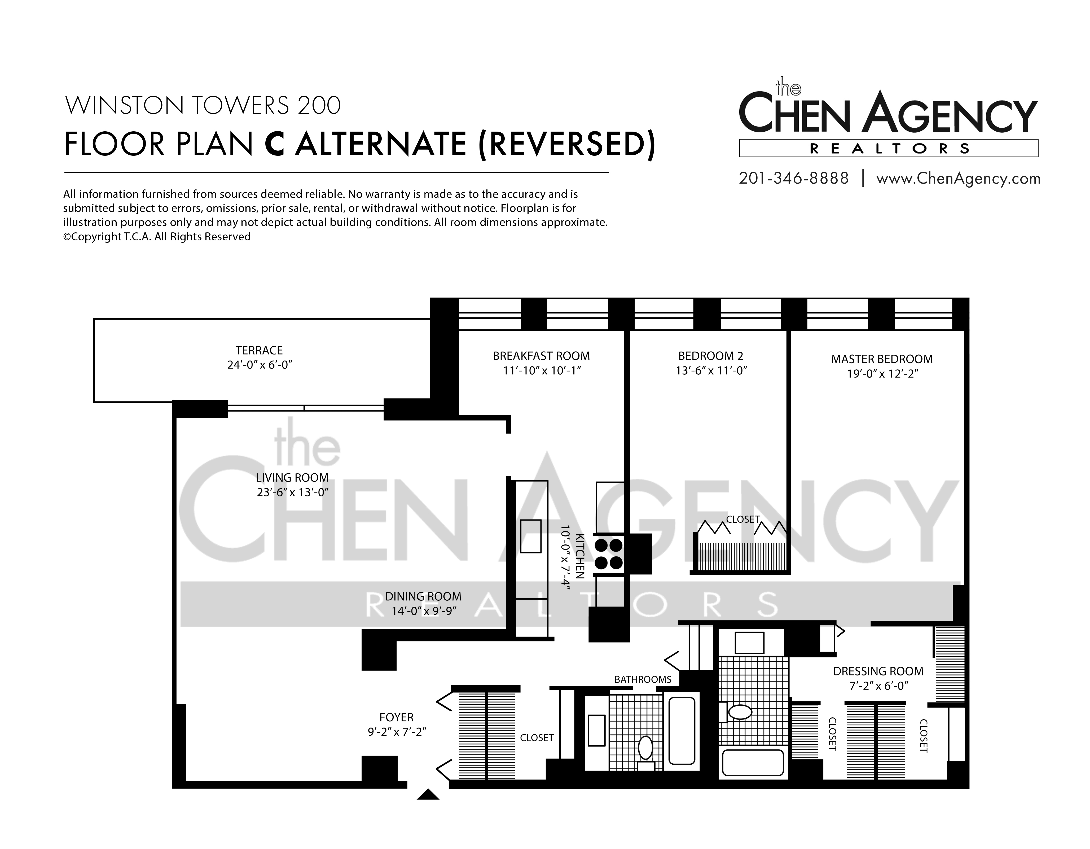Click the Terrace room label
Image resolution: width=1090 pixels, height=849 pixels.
pyautogui.click(x=259, y=350)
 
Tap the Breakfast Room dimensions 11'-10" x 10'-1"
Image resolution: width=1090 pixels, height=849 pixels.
pyautogui.click(x=542, y=371)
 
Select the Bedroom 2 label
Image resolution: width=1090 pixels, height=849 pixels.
pyautogui.click(x=711, y=356)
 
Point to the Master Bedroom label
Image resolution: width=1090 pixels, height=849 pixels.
pyautogui.click(x=882, y=359)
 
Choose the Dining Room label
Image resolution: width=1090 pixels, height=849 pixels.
pyautogui.click(x=423, y=596)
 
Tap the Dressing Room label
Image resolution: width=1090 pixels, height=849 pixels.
pyautogui.click(x=878, y=671)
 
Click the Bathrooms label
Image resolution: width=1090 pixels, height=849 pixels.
pyautogui.click(x=643, y=679)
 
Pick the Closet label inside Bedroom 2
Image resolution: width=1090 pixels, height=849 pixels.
pyautogui.click(x=743, y=519)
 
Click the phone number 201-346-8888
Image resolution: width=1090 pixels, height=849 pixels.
pyautogui.click(x=794, y=178)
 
